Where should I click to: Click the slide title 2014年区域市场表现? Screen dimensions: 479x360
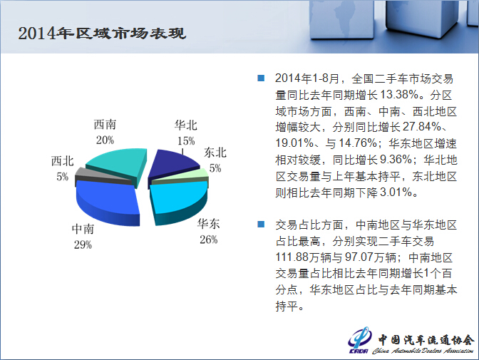[x=102, y=34]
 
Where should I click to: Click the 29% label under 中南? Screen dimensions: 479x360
[x=83, y=245]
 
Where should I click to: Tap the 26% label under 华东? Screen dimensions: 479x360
[x=209, y=240]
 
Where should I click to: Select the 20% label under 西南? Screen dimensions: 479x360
[x=105, y=140]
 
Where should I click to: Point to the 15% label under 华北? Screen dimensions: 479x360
[x=186, y=140]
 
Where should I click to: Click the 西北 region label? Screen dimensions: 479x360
[x=62, y=161]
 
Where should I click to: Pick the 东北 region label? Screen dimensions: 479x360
[x=215, y=153]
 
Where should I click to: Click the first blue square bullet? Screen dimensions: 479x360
[x=261, y=78]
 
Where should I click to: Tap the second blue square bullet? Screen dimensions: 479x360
[x=261, y=225]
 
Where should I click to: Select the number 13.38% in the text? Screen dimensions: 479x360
[x=399, y=95]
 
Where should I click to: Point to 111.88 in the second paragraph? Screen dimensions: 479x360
[x=292, y=257]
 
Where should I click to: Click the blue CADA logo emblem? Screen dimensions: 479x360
[x=360, y=340]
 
